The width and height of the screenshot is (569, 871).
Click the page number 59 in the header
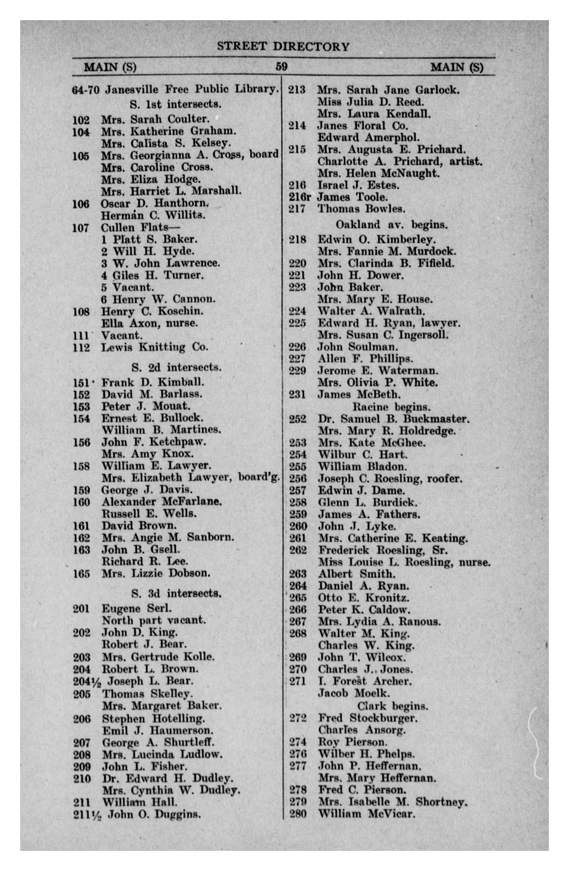coord(281,67)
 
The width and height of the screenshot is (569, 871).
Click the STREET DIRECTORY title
coord(283,47)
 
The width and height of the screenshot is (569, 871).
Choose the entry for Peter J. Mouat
coord(146,406)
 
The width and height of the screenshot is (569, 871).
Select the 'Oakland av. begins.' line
coord(391,224)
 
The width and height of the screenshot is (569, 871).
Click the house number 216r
coord(299,197)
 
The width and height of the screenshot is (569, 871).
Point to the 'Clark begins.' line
coord(392,706)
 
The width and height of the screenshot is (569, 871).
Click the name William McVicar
coord(367,814)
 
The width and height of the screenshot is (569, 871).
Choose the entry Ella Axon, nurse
coord(149,323)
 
